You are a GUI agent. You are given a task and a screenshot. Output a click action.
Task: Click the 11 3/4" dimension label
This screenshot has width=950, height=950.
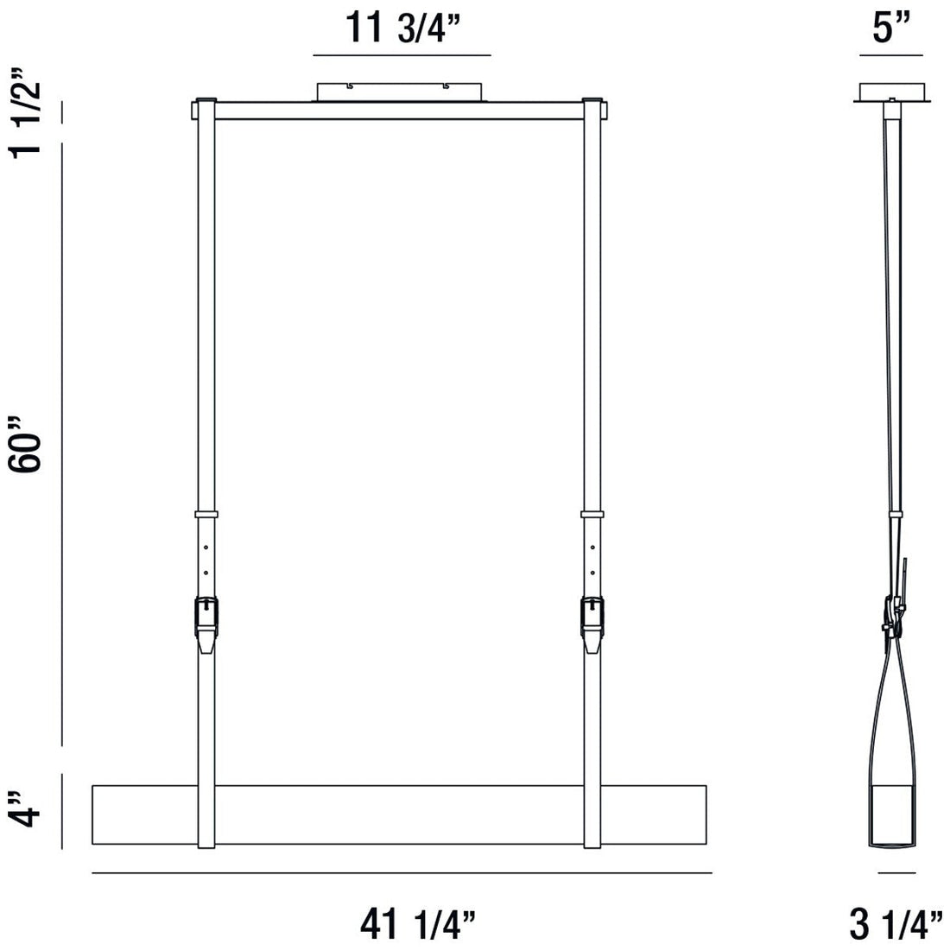pyautogui.click(x=402, y=28)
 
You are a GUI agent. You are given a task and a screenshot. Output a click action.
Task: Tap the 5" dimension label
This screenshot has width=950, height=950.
pyautogui.click(x=893, y=28)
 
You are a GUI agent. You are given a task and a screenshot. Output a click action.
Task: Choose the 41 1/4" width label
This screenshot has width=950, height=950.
pyautogui.click(x=418, y=924)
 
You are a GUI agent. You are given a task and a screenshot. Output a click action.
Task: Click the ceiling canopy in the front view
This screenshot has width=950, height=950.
pyautogui.click(x=402, y=92)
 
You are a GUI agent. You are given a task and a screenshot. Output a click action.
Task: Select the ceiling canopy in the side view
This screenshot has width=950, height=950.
pyautogui.click(x=893, y=92)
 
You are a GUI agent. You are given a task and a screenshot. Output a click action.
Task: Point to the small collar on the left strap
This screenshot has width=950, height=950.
pyautogui.click(x=206, y=514)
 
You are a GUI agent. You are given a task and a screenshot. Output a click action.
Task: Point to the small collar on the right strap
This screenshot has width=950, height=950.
pyautogui.click(x=592, y=514)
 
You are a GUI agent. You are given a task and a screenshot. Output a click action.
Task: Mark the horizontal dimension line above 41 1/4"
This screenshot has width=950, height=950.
pyautogui.click(x=402, y=873)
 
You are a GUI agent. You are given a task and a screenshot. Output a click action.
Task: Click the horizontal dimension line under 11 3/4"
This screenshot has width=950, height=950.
pyautogui.click(x=402, y=55)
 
